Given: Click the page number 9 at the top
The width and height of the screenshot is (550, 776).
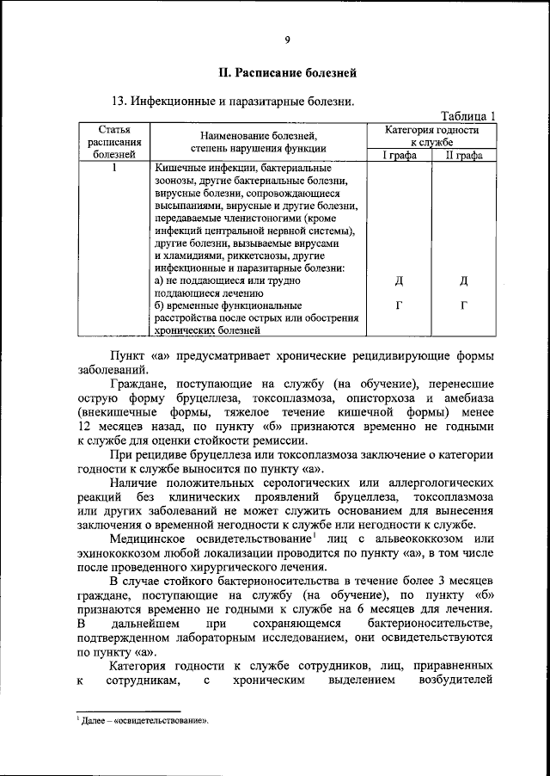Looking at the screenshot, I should coord(288,39).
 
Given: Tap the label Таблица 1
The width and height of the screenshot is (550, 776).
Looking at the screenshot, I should coord(468,116).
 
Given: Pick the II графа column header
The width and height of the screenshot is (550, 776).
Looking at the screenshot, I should coord(463,155).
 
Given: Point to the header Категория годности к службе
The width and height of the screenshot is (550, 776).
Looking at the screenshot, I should coord(431,135).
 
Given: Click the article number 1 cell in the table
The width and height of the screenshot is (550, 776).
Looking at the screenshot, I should coord(114,168).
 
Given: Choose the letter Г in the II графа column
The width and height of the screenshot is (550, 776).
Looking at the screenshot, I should coord(463,305).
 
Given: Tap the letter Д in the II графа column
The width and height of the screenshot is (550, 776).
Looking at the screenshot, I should coord(463,280).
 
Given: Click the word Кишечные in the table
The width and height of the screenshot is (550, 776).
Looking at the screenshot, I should coord(180,168).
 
